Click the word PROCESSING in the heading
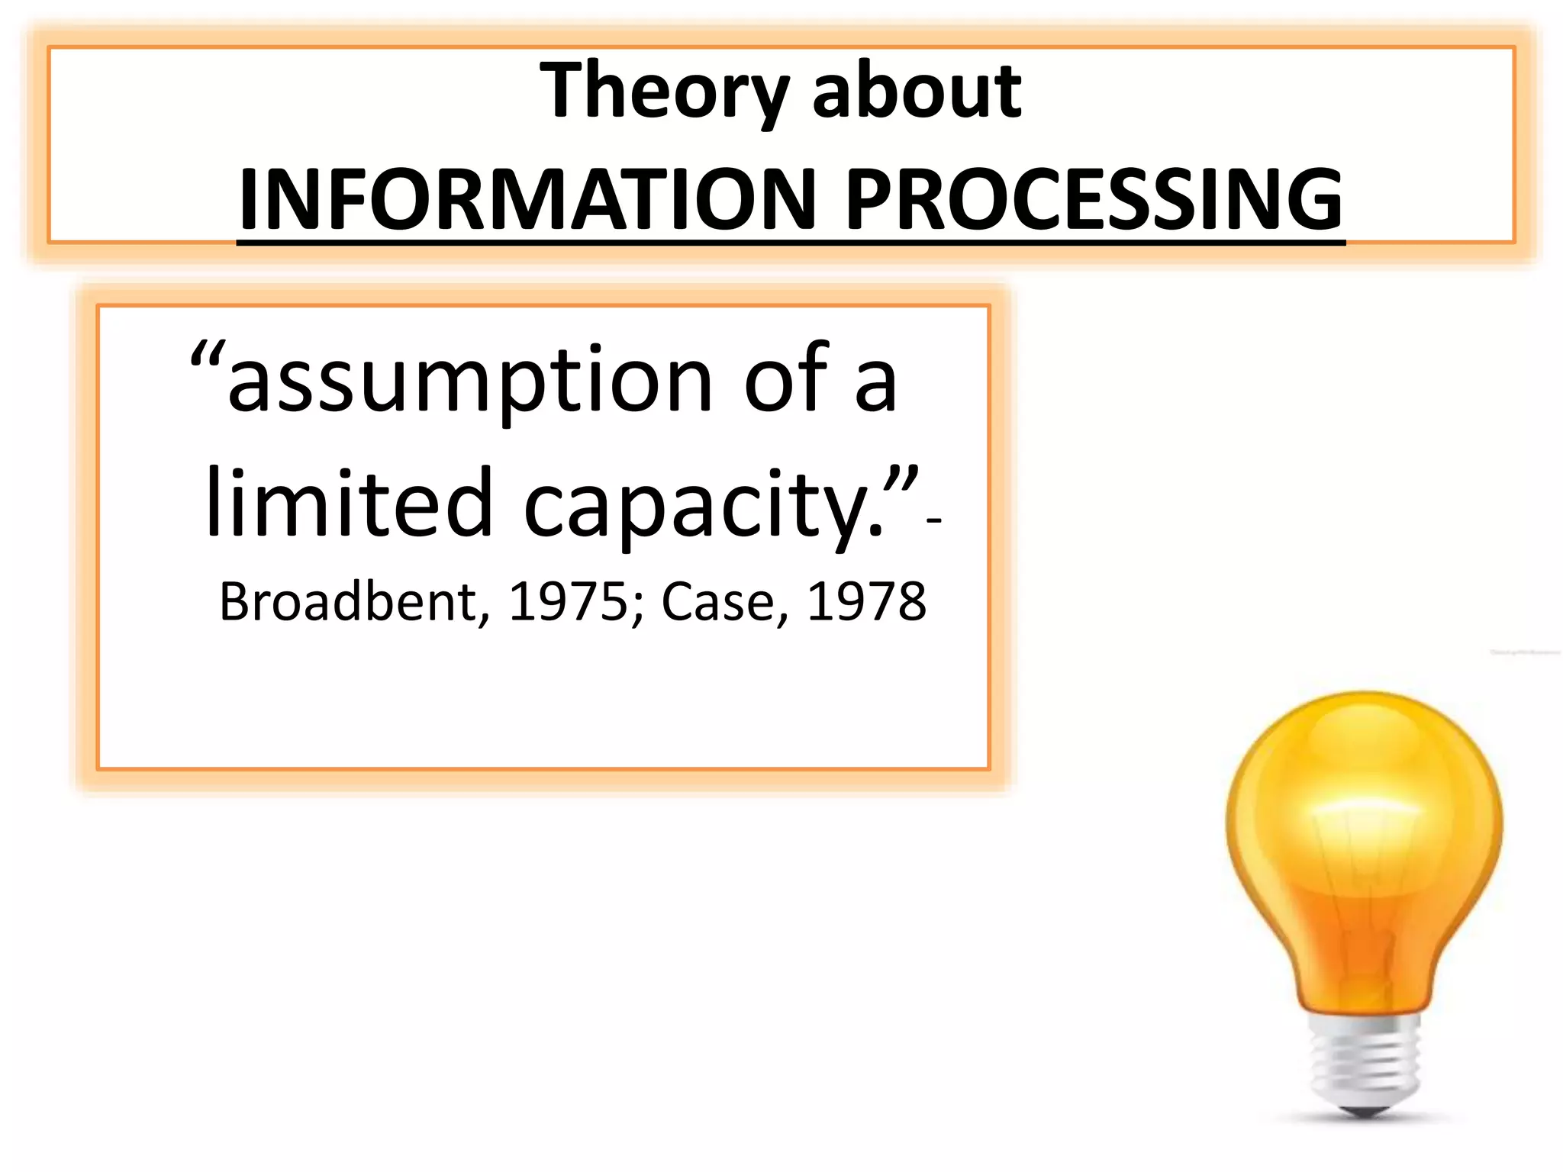click(x=1094, y=200)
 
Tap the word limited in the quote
click(x=349, y=504)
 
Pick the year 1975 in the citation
click(x=566, y=602)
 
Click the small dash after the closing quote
click(x=933, y=521)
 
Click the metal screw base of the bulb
click(x=1365, y=1061)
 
